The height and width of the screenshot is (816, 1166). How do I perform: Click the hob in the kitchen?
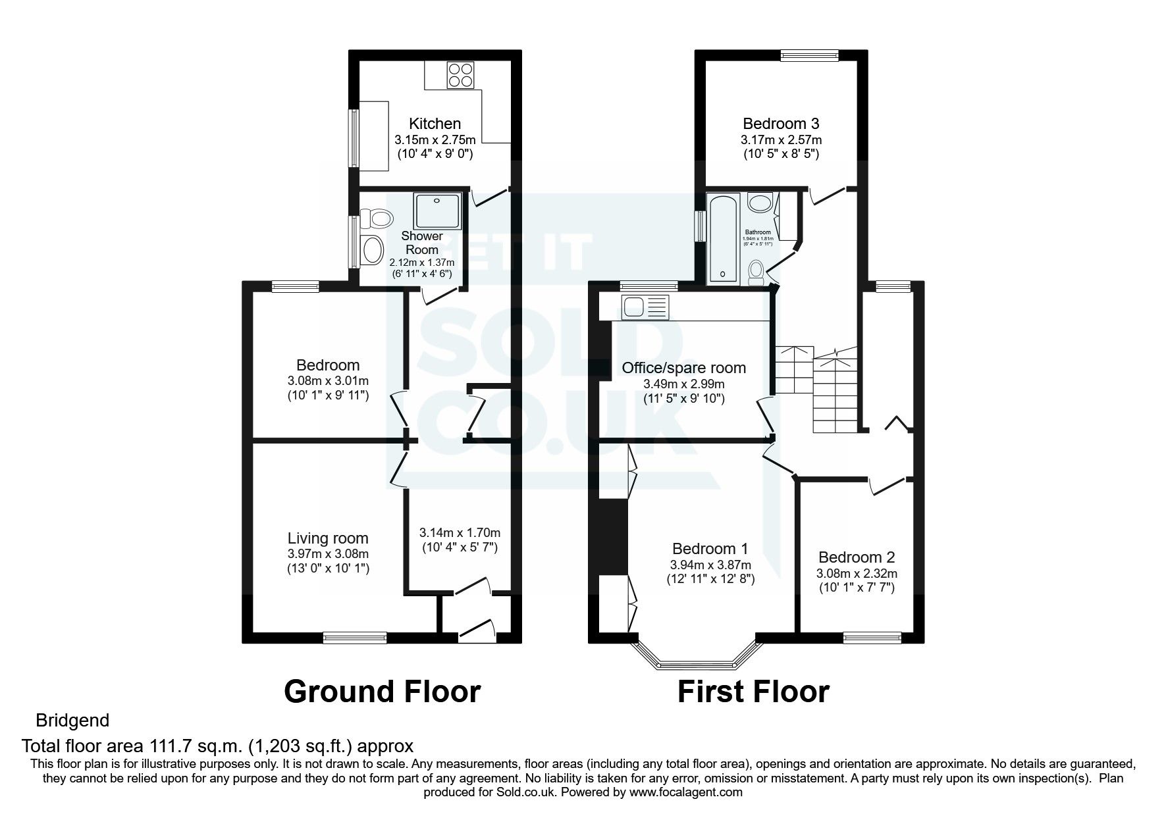(462, 74)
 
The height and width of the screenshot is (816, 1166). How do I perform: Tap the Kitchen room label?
(435, 124)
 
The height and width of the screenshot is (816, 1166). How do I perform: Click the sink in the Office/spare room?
(636, 307)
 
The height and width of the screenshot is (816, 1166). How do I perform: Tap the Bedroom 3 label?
(782, 124)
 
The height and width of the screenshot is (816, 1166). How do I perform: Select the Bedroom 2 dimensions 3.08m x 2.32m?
(857, 574)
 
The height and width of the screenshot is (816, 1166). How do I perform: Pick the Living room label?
(328, 538)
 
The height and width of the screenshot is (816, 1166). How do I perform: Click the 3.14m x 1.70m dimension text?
(460, 532)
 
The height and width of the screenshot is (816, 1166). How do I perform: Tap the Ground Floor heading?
(382, 692)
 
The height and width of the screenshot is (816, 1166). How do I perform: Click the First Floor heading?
(753, 692)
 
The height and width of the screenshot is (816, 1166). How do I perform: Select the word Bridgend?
(72, 720)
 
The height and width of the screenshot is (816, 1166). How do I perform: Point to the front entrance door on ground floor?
(477, 630)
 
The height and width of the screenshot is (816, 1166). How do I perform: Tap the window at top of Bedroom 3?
(809, 56)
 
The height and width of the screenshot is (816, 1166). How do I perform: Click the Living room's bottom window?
(355, 636)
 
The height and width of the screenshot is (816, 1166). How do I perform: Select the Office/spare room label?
(684, 368)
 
